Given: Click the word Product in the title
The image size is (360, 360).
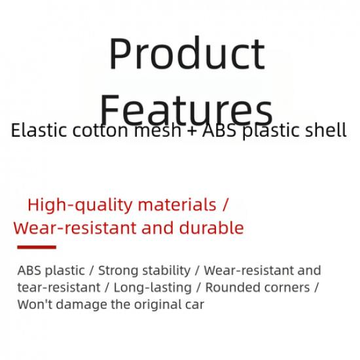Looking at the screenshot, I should [x=187, y=54].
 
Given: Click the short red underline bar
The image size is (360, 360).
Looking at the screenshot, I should [x=36, y=247].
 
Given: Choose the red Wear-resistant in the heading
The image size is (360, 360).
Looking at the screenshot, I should [x=77, y=228].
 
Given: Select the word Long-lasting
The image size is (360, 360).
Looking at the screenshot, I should [x=153, y=287].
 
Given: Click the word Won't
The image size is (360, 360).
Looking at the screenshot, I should [x=33, y=304].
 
